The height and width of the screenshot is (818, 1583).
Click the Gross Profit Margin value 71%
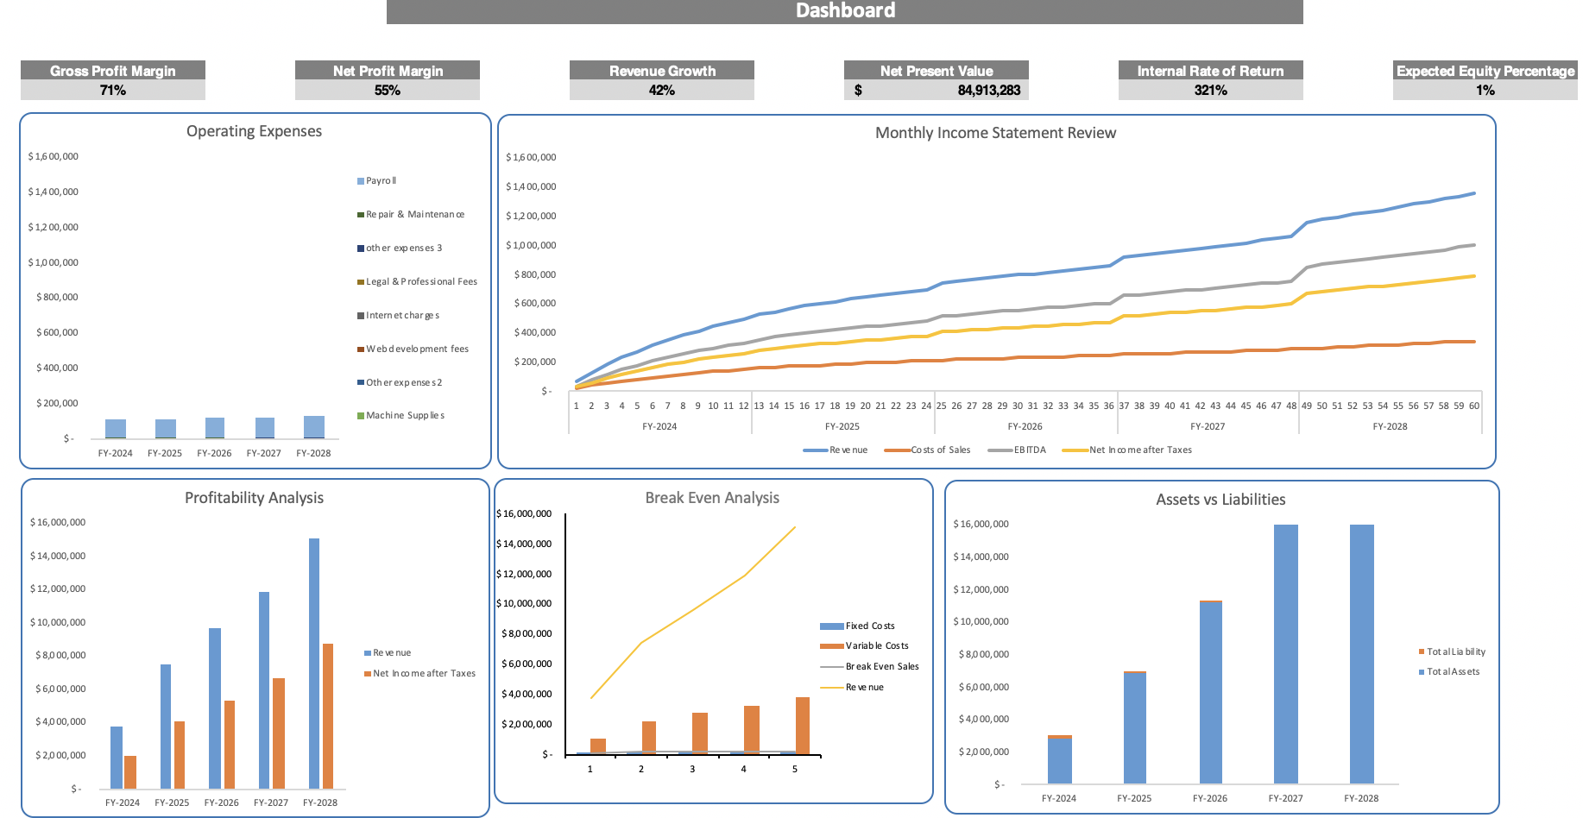[x=113, y=91]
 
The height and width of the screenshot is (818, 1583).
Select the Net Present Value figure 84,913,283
[x=988, y=91]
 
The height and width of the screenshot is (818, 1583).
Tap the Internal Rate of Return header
[x=1210, y=71]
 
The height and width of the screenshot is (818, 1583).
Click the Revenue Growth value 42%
[x=662, y=91]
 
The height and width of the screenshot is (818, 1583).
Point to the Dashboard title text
[x=845, y=11]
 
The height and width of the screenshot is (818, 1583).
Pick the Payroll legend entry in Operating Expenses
[x=381, y=181]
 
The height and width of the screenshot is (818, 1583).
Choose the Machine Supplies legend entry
[x=405, y=416]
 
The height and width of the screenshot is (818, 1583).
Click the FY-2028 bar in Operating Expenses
[x=314, y=427]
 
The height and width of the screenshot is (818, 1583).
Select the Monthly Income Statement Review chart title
[x=995, y=133]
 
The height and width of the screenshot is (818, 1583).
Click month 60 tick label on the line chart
[x=1474, y=406]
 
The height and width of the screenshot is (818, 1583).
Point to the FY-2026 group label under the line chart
[x=1025, y=426]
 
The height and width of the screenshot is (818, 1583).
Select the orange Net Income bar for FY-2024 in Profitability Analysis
[x=130, y=771]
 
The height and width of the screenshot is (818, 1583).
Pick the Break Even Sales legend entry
[x=881, y=667]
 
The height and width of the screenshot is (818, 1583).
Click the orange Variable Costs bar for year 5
[x=803, y=725]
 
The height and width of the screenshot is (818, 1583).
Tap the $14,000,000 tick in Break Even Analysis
[x=524, y=544]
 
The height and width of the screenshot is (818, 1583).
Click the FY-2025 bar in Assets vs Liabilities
[x=1135, y=727]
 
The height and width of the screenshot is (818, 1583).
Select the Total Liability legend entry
[x=1455, y=652]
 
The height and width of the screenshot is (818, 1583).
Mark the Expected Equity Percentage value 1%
[x=1485, y=91]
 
